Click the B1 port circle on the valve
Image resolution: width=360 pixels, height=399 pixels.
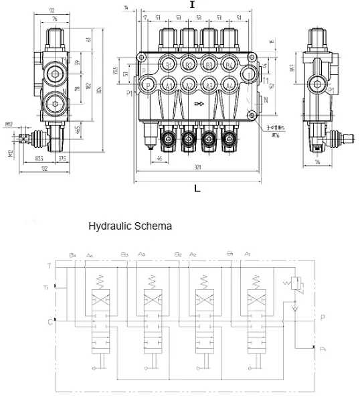coord(169,65)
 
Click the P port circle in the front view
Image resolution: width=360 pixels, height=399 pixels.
coord(149,85)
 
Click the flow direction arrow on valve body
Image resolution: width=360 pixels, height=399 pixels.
coord(198,104)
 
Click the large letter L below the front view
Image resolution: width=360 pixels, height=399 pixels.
coord(197,189)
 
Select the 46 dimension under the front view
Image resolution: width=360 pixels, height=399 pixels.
coord(158,158)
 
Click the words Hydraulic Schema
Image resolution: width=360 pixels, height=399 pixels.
coord(130,226)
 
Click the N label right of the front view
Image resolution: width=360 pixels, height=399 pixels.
coord(266,100)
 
